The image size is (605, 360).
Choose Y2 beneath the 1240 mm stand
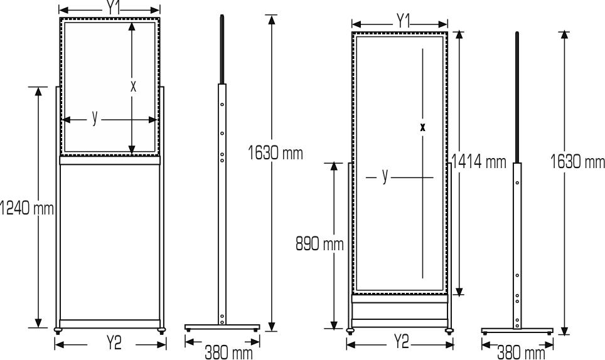(x=111, y=345)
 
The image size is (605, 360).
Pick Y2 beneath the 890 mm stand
(x=400, y=344)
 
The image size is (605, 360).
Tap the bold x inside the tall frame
(x=423, y=127)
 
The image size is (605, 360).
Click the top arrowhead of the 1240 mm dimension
(x=38, y=92)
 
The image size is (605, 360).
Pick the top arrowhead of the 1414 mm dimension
(x=460, y=35)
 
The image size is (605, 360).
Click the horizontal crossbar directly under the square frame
(x=111, y=161)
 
